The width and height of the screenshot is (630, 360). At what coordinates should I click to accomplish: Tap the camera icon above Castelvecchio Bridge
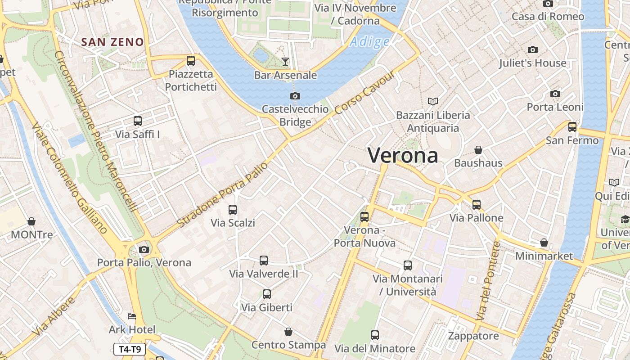(x=295, y=96)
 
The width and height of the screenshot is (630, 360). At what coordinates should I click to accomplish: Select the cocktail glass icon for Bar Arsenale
(x=285, y=61)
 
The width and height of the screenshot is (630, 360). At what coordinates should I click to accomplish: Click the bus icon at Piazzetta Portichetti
(x=191, y=60)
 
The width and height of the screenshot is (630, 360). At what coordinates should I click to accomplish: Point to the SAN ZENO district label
(x=112, y=42)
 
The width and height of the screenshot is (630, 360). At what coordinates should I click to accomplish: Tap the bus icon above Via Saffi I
(x=138, y=121)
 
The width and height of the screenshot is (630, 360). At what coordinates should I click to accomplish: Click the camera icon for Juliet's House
(x=533, y=49)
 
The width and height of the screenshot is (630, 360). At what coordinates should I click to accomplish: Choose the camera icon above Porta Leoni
(x=555, y=94)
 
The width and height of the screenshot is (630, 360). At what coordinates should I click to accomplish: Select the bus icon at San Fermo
(x=572, y=127)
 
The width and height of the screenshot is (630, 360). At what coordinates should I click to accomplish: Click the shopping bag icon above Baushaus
(x=478, y=149)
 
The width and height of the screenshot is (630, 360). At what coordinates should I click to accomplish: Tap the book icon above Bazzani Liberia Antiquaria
(x=433, y=101)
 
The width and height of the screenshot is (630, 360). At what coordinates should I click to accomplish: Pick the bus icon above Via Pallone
(x=477, y=205)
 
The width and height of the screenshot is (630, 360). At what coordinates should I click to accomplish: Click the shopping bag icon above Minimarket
(x=544, y=243)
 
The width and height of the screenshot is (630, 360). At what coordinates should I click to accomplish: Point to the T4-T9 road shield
(x=130, y=349)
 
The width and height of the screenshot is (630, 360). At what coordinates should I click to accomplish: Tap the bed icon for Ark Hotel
(x=132, y=316)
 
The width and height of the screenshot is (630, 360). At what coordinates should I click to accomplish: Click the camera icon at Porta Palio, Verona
(x=144, y=249)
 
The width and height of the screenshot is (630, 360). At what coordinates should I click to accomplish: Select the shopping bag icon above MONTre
(x=31, y=221)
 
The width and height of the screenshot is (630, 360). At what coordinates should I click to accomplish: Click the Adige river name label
(x=369, y=42)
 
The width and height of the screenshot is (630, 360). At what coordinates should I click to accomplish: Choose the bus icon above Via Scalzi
(x=233, y=209)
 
